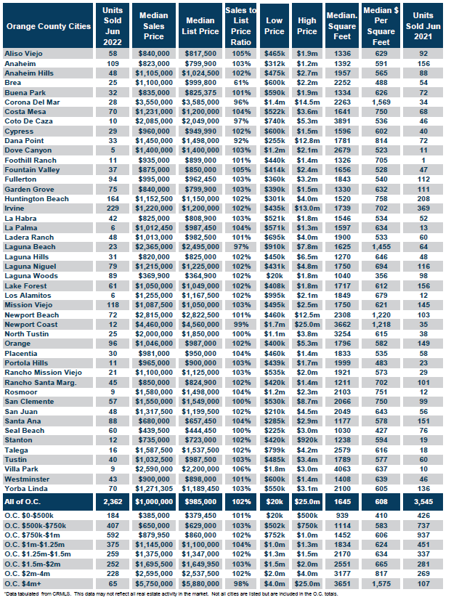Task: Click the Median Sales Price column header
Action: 154,26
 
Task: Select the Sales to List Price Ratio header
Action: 241,26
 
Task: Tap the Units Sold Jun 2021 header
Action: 423,26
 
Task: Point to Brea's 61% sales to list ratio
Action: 241,83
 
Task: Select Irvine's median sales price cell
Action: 154,208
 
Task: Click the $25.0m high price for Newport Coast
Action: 307,325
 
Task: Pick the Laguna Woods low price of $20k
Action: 275,276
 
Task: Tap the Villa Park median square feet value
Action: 342,469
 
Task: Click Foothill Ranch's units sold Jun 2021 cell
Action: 423,161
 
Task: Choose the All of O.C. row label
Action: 23,502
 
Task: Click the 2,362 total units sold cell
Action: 113,502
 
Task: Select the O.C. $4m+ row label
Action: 23,583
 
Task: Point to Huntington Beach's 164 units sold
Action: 113,199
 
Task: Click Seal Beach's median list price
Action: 200,431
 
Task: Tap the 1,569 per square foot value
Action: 381,102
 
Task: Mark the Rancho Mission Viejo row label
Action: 44,373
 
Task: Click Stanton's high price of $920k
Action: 307,440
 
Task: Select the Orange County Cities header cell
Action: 48,26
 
